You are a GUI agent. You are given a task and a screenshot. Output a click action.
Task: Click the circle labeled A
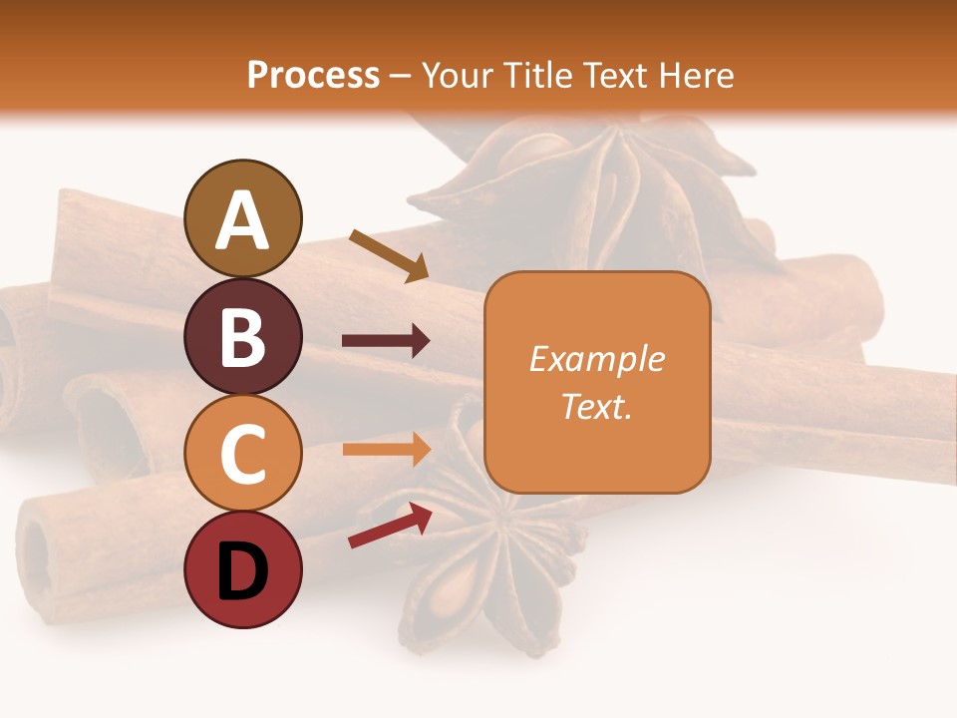pos(242,218)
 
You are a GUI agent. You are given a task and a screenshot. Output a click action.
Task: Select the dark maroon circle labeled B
pos(242,336)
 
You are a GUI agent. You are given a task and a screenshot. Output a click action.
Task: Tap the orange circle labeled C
pos(242,453)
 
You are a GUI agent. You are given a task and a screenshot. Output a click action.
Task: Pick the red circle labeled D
pos(242,569)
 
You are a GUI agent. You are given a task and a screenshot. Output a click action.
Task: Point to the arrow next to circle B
pos(386,341)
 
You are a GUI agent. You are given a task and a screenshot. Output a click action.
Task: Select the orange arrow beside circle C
pos(386,449)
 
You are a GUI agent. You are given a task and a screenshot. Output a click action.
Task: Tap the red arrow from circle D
pos(390,526)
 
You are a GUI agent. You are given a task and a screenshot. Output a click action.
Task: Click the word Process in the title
pos(313,75)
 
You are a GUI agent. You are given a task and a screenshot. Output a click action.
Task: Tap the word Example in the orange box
pos(597,359)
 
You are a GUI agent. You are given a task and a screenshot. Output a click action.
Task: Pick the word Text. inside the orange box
pos(597,406)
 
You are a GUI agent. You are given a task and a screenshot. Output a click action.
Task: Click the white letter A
pos(242,220)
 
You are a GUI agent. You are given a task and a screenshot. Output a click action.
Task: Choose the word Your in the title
pos(458,75)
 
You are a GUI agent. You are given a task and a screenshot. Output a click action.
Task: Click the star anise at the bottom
pos(488,558)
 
